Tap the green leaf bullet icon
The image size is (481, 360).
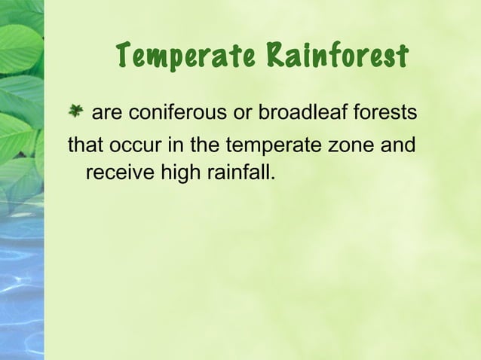76,113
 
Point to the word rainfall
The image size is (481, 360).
240,174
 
